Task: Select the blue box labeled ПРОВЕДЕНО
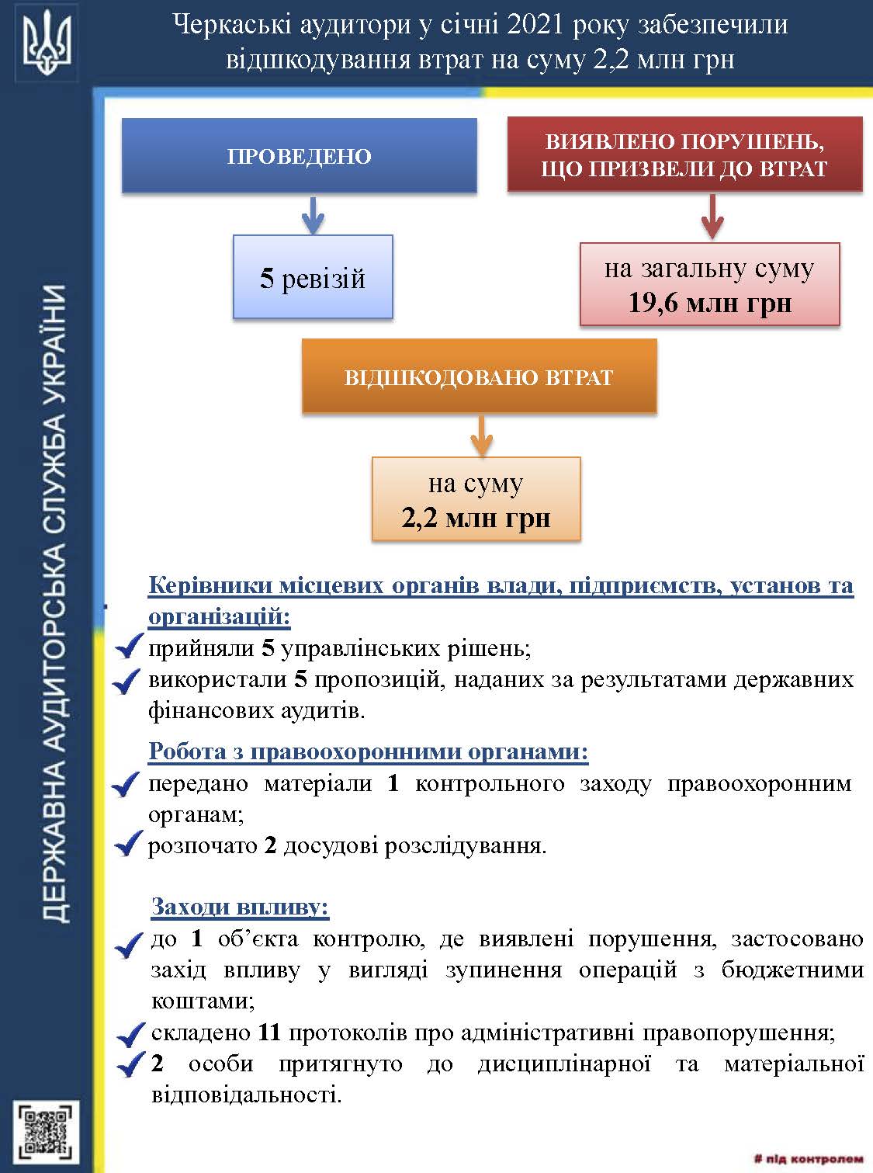300,155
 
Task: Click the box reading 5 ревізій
313,278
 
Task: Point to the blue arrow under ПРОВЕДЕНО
312,214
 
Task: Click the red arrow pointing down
712,217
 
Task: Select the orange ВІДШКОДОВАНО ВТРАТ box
479,377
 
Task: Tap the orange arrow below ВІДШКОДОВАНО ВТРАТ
482,436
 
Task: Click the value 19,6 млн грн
709,302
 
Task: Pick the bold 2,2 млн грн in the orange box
476,517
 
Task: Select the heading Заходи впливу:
241,907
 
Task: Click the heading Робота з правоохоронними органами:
369,751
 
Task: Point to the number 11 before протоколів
268,1032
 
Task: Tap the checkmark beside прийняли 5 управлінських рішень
126,648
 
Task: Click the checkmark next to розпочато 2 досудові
126,845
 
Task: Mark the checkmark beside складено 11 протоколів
130,1034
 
